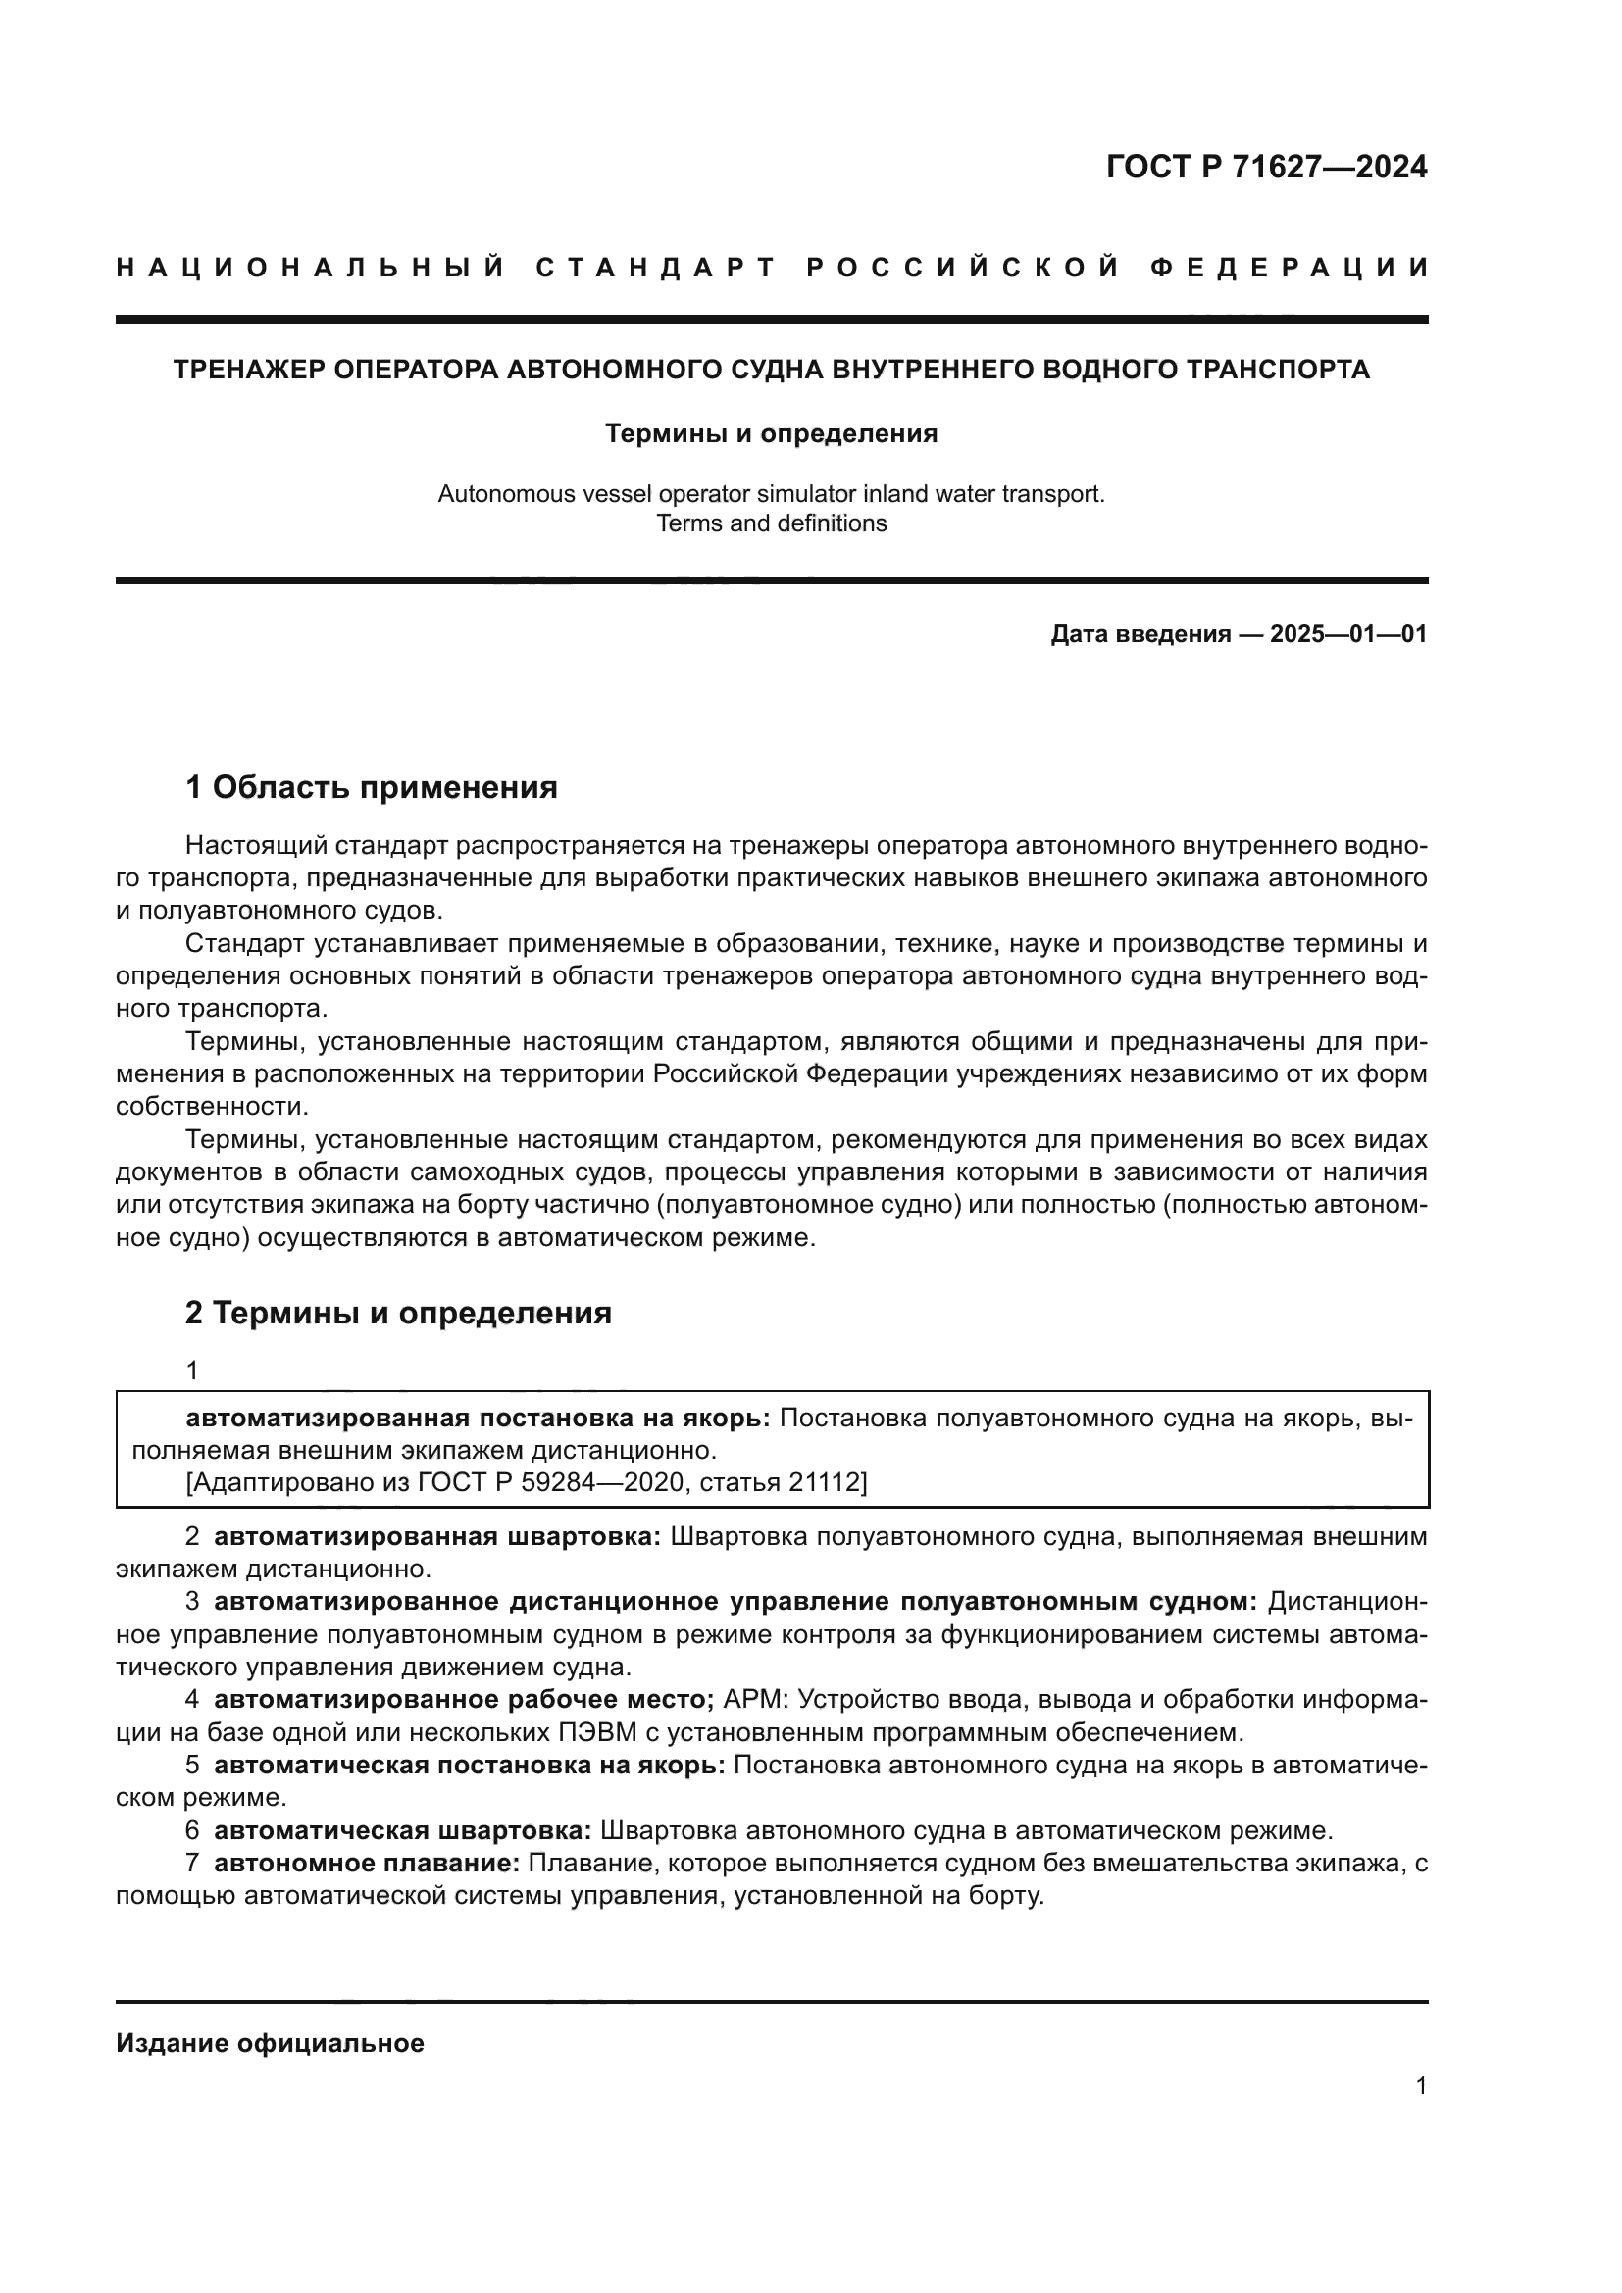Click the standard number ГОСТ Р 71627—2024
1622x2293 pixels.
[1265, 167]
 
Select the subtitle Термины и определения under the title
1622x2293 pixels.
[771, 433]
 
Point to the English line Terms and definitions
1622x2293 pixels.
[771, 523]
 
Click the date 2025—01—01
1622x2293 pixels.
[1347, 634]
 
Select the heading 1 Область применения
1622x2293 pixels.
[372, 787]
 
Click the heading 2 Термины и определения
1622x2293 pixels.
[398, 1312]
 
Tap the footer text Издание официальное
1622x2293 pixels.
[270, 2043]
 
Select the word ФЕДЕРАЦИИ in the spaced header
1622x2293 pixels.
[1290, 268]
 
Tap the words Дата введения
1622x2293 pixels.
[1140, 634]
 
